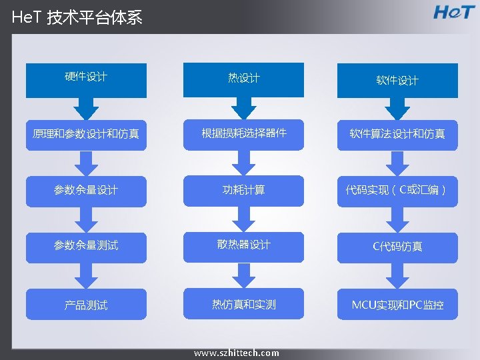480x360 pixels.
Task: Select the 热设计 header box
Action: [243, 79]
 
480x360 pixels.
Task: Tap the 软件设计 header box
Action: [397, 80]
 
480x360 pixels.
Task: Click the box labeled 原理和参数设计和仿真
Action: [86, 134]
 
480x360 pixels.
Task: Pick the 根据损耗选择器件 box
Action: [243, 133]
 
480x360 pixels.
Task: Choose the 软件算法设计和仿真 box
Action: [397, 134]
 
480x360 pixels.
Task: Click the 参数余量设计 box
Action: [86, 190]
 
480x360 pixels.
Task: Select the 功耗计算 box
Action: [243, 190]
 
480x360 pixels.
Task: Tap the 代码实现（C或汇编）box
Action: [397, 190]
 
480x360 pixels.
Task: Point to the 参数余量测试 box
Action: [86, 245]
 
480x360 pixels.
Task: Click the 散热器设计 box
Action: [243, 245]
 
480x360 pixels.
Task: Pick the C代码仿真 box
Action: [397, 247]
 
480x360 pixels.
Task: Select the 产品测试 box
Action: [86, 305]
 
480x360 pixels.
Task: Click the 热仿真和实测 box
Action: [243, 304]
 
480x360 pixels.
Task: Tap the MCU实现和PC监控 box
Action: [397, 305]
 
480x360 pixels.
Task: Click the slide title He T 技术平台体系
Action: [77, 17]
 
